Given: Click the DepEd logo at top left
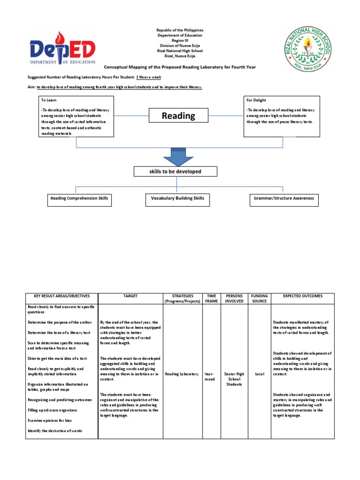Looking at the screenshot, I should [x=62, y=49].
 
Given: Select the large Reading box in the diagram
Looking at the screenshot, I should [x=178, y=115].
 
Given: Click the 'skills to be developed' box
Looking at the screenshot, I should [x=175, y=172].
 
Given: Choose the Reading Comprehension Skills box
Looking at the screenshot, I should [x=79, y=199].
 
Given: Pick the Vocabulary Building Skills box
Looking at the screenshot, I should [x=177, y=199].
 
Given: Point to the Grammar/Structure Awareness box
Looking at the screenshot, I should [x=284, y=199].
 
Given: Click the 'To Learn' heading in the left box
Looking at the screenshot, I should [x=48, y=100].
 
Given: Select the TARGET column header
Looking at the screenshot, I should [x=130, y=296].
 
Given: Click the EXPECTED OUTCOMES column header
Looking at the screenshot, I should [x=302, y=296].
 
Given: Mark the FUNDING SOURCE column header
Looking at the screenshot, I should [x=259, y=299].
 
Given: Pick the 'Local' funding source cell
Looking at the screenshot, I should [x=259, y=374].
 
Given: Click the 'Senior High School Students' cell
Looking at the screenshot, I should [x=234, y=379].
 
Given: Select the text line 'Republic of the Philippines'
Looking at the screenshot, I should [x=180, y=30].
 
